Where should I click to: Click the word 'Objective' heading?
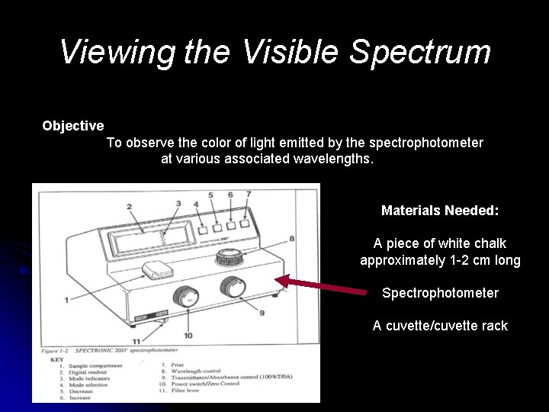pyautogui.click(x=73, y=125)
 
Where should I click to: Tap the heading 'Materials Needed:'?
pyautogui.click(x=440, y=209)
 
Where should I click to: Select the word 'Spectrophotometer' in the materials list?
pyautogui.click(x=440, y=293)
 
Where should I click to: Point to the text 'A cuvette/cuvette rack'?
pyautogui.click(x=440, y=326)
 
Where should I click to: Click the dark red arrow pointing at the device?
pyautogui.click(x=319, y=286)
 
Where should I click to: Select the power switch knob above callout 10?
pyautogui.click(x=185, y=295)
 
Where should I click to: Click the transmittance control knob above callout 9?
pyautogui.click(x=232, y=287)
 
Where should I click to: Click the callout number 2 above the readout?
pyautogui.click(x=130, y=207)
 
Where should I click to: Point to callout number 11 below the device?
pyautogui.click(x=136, y=341)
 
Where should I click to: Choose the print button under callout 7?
pyautogui.click(x=244, y=224)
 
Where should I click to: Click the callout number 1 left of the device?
pyautogui.click(x=66, y=300)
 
